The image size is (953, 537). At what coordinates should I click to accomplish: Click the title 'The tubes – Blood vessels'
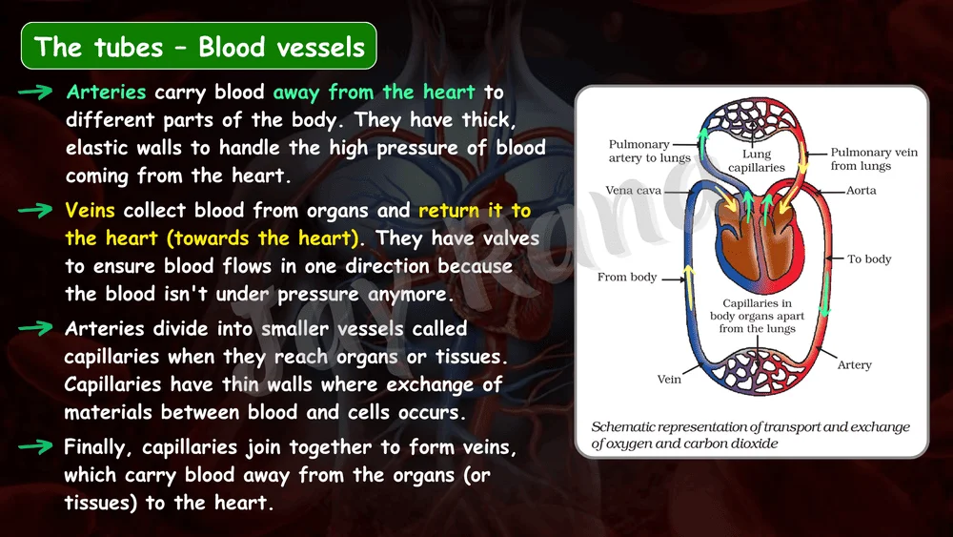[x=199, y=47]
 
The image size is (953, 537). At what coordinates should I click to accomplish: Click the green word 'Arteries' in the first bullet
[x=107, y=92]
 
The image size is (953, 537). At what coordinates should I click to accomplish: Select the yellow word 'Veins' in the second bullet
[x=90, y=211]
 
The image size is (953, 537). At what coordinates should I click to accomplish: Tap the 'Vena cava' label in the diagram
[x=634, y=191]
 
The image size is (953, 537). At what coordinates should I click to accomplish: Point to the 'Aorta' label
[x=862, y=191]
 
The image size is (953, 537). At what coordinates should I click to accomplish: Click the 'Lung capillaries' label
[x=757, y=160]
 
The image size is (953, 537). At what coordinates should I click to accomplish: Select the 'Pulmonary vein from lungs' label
[x=874, y=158]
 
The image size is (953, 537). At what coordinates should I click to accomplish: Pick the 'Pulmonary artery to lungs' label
[x=650, y=151]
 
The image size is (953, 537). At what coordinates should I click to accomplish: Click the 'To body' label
[x=869, y=259]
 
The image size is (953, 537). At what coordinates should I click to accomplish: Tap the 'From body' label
[x=627, y=278]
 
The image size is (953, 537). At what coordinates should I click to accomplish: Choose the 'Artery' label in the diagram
[x=855, y=365]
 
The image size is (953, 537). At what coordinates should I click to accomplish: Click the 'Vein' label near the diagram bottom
[x=669, y=380]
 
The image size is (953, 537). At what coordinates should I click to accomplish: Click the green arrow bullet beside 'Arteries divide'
[x=35, y=328]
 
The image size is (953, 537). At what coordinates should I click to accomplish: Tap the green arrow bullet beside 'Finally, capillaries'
[x=35, y=447]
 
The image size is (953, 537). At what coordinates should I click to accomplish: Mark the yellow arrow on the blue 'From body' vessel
[x=689, y=286]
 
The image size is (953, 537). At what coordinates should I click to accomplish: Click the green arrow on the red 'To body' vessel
[x=824, y=295]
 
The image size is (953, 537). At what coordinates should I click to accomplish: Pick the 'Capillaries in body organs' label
[x=758, y=316]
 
